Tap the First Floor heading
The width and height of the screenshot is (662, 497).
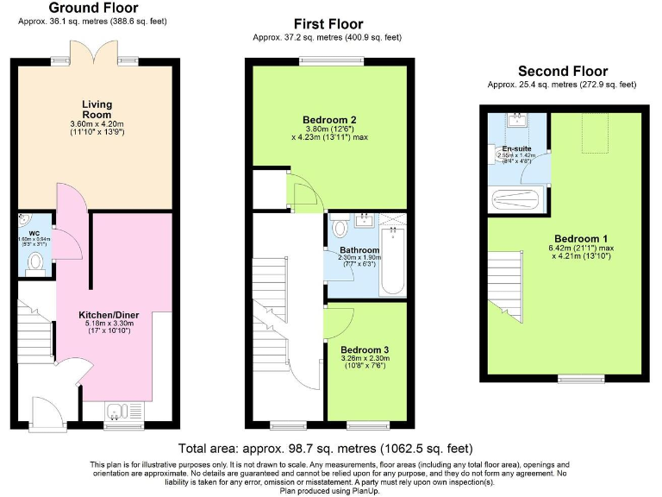pyautogui.click(x=328, y=24)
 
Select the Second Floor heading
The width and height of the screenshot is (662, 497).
pyautogui.click(x=562, y=72)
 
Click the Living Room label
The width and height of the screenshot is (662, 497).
pyautogui.click(x=97, y=110)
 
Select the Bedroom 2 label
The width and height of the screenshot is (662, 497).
pyautogui.click(x=330, y=119)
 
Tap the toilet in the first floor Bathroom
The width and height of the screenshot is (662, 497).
pyautogui.click(x=340, y=228)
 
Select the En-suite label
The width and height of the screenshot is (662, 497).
pyautogui.click(x=517, y=148)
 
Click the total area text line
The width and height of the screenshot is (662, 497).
pyautogui.click(x=326, y=448)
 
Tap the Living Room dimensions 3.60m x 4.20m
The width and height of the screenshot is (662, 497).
pyautogui.click(x=97, y=124)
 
